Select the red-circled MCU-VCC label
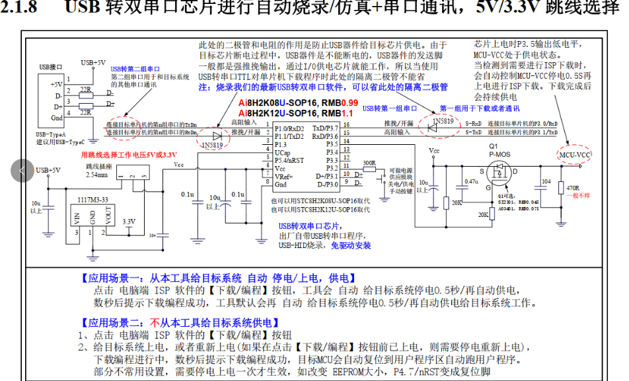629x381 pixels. click(573, 155)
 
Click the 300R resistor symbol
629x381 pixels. click(369, 170)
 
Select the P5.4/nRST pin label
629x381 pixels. click(289, 160)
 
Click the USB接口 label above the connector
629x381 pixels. click(51, 67)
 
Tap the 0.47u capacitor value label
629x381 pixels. click(471, 181)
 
